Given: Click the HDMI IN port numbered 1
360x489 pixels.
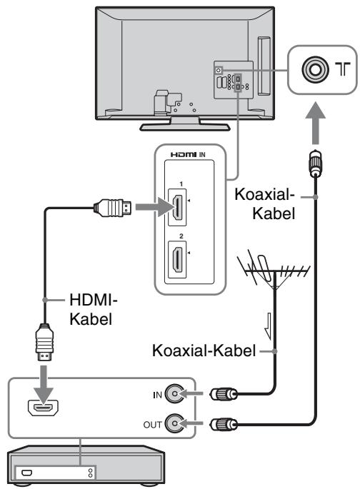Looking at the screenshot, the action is tap(177, 208).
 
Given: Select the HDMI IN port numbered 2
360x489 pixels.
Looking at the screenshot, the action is tap(177, 259).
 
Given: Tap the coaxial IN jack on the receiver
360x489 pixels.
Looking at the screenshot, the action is tap(175, 394).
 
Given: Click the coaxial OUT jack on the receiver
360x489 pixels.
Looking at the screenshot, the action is tap(175, 423).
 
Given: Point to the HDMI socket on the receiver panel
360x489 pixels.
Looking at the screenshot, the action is tap(44, 408).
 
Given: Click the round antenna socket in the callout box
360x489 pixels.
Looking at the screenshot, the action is tap(315, 69).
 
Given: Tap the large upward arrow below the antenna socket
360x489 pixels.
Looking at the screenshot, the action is tap(316, 123).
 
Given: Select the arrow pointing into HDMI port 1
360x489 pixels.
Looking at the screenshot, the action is tap(154, 207).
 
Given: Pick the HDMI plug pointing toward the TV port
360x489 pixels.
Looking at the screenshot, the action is tap(113, 208).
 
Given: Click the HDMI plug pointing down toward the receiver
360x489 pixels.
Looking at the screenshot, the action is tap(44, 343).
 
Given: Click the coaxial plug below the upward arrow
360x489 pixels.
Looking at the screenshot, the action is tap(316, 163).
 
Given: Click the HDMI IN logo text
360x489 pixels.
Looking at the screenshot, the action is tap(188, 154).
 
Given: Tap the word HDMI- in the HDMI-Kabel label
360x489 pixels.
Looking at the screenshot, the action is tap(94, 300).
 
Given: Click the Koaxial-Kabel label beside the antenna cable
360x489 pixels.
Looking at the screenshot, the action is tap(204, 351).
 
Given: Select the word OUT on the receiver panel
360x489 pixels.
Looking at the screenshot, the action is tap(153, 425).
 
